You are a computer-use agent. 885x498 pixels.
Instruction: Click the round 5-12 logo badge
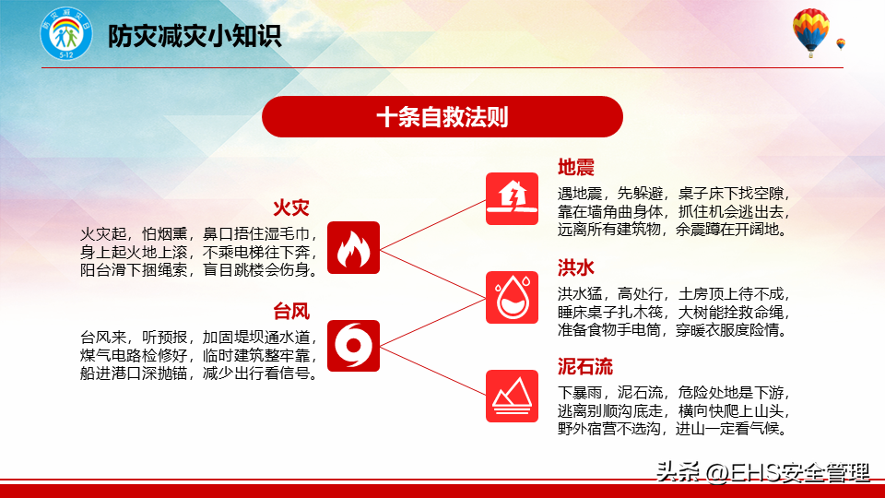click(x=66, y=34)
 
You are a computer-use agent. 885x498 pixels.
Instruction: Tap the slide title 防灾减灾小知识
click(x=195, y=36)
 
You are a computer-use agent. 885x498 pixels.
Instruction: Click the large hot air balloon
click(x=810, y=32)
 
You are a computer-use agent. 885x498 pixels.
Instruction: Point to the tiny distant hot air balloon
click(x=841, y=43)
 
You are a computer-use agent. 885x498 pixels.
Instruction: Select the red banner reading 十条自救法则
click(x=442, y=117)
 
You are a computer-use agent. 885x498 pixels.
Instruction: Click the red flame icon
click(x=353, y=247)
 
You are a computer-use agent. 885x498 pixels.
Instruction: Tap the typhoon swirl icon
click(x=353, y=346)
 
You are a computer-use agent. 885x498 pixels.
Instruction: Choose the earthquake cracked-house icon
click(x=512, y=199)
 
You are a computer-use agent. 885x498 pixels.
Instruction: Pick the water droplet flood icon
click(x=512, y=298)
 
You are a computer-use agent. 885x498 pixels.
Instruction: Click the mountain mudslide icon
click(x=512, y=396)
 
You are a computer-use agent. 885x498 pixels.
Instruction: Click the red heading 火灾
click(x=291, y=207)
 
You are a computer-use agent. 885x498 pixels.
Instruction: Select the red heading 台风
click(x=291, y=311)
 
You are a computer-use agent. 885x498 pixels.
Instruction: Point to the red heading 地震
click(x=575, y=167)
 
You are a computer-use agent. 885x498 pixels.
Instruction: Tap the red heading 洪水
click(x=575, y=267)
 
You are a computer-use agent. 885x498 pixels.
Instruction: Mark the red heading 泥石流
click(x=585, y=366)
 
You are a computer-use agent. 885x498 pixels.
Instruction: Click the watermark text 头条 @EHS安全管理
click(x=762, y=472)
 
